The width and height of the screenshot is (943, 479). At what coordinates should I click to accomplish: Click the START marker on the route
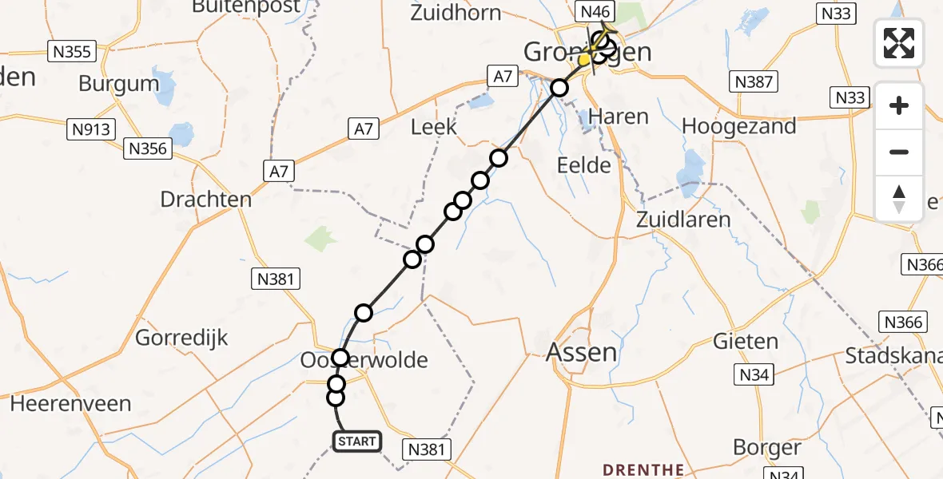click(x=356, y=441)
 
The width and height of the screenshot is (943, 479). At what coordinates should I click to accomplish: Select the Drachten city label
click(x=206, y=199)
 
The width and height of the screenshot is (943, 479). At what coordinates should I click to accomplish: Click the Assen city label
click(x=583, y=351)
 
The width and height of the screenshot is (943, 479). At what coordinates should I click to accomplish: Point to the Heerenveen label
click(x=70, y=403)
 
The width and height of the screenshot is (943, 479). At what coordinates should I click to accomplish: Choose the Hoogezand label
click(x=739, y=126)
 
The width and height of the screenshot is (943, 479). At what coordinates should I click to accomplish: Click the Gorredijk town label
click(x=182, y=337)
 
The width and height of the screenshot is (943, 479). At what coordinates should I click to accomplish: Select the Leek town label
click(x=433, y=126)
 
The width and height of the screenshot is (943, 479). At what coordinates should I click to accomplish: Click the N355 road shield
click(x=72, y=53)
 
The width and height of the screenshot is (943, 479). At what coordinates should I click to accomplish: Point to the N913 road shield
click(x=93, y=129)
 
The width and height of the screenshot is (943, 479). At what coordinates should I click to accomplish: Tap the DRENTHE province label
click(x=643, y=469)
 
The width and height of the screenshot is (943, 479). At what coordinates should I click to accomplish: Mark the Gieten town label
click(x=747, y=342)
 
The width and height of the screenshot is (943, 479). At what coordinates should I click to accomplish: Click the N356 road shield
click(x=148, y=148)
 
